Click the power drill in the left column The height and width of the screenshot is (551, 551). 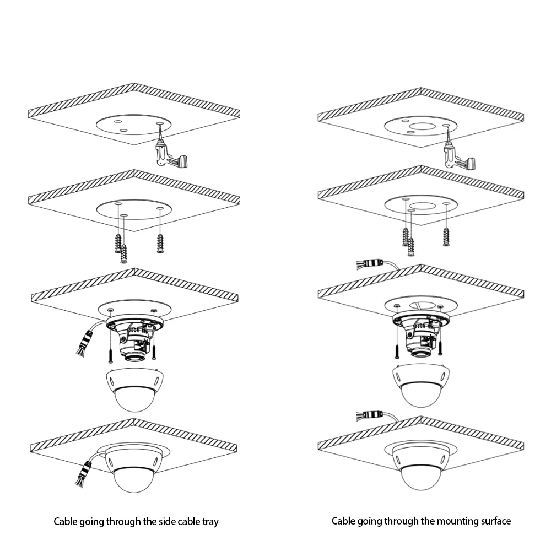tap(169, 155)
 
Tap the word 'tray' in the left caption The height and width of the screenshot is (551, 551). tap(210, 522)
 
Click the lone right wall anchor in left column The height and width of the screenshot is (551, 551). tap(160, 243)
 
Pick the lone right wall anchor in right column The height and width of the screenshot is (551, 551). tap(446, 237)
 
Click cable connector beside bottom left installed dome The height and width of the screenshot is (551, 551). tap(84, 472)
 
